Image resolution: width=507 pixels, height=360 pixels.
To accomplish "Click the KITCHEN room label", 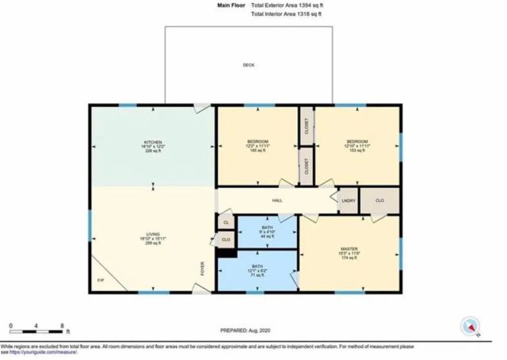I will point(152,143).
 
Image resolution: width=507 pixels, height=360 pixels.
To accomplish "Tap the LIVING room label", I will point(152,234).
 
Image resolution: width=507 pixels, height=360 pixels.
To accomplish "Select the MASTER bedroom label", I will point(349,249).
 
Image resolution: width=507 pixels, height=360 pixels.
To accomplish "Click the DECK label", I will point(249,65).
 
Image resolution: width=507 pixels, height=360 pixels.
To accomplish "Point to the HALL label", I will point(277,201).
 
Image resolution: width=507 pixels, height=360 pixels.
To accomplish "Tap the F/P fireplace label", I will point(101,280).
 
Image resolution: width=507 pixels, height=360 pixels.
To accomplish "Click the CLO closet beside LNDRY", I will point(379,200).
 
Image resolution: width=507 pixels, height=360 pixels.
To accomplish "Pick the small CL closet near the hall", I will point(226,223).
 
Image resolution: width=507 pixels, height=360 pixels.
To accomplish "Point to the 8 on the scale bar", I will point(63,326).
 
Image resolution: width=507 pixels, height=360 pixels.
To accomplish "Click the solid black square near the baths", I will point(226,254).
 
